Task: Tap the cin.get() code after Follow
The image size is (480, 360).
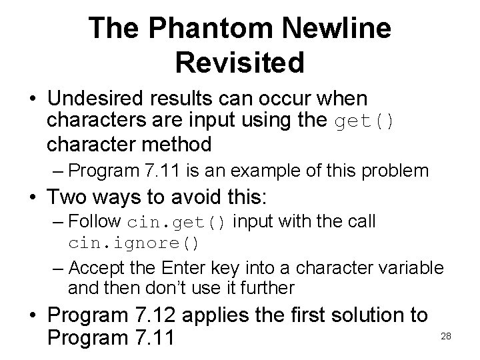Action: pyautogui.click(x=177, y=222)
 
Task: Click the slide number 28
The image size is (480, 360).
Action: pyautogui.click(x=446, y=336)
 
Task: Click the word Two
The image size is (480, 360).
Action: pyautogui.click(x=70, y=197)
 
